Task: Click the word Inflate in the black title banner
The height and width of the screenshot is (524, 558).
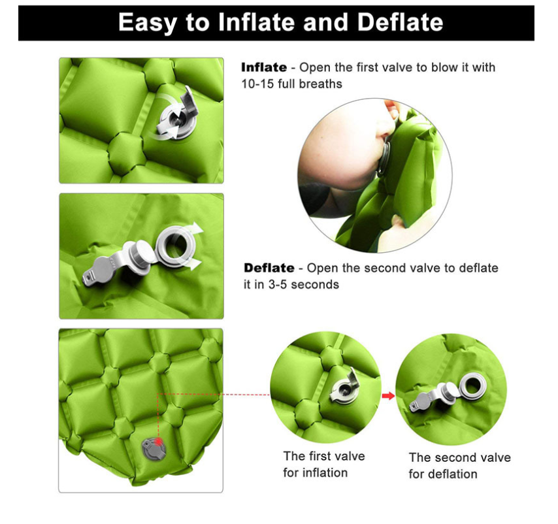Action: [x=256, y=22]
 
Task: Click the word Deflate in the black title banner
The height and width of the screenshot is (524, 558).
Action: [x=400, y=22]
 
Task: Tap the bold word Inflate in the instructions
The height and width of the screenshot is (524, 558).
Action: [x=264, y=67]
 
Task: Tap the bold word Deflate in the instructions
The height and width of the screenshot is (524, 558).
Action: [x=269, y=268]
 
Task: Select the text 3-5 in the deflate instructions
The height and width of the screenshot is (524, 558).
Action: [x=277, y=285]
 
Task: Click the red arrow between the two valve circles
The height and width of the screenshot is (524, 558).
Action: [x=388, y=395]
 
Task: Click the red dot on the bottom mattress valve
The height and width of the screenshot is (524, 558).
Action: [x=159, y=442]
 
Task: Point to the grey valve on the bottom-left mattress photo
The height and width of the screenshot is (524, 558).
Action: [x=154, y=449]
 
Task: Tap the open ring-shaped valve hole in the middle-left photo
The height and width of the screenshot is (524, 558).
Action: [x=176, y=246]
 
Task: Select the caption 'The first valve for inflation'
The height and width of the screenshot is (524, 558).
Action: [x=323, y=465]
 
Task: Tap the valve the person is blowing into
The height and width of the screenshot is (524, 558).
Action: [x=384, y=158]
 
